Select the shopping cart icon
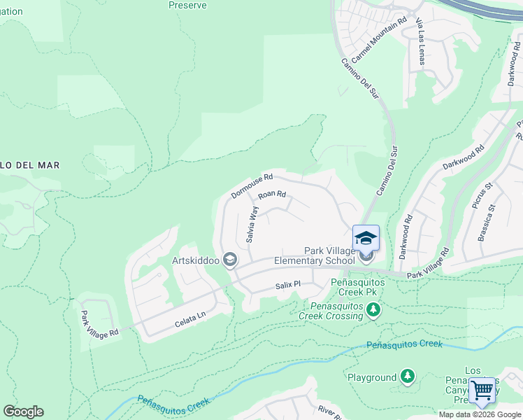pyautogui.click(x=482, y=391)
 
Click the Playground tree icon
pyautogui.click(x=407, y=377)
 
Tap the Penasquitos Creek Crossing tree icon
pyautogui.click(x=373, y=309)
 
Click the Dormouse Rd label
pyautogui.click(x=252, y=185)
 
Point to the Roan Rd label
pyautogui.click(x=272, y=196)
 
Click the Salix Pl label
pyautogui.click(x=287, y=285)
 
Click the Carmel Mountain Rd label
pyautogui.click(x=379, y=39)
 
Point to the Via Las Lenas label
pyautogui.click(x=421, y=42)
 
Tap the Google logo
pyautogui.click(x=23, y=412)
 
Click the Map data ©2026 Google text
pyautogui.click(x=480, y=414)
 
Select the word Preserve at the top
pyautogui.click(x=187, y=5)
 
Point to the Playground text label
pyautogui.click(x=372, y=378)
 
